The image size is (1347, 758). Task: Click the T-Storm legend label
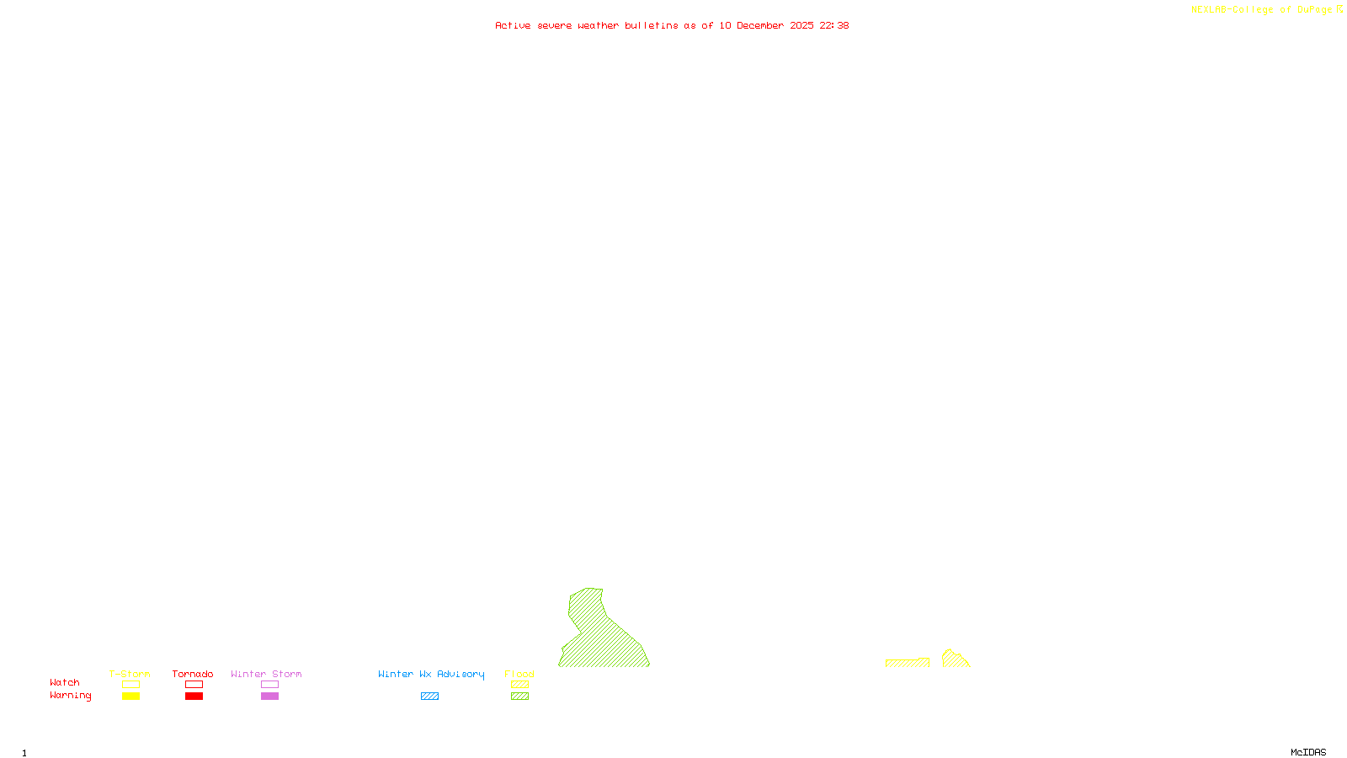coord(130,674)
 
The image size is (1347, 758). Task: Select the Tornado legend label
coord(193,674)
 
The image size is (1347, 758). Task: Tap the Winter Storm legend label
coord(266,674)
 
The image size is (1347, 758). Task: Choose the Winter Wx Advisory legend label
coord(431,674)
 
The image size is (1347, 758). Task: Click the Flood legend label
coord(519,674)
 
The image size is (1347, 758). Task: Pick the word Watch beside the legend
coord(65,682)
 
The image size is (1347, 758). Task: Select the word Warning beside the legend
coord(70,696)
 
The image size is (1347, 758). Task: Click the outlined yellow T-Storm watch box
coord(130,685)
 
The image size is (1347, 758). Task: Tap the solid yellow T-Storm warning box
coord(130,697)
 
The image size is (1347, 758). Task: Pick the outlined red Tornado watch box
coord(194,685)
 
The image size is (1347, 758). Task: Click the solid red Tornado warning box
coord(194,697)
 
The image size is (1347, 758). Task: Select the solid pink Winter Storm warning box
coord(269,697)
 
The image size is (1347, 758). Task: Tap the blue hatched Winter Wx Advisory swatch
coord(429,697)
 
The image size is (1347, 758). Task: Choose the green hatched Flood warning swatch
coord(519,697)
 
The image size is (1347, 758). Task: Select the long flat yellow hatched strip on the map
coord(908,663)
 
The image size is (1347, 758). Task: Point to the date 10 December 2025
coord(766,25)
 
